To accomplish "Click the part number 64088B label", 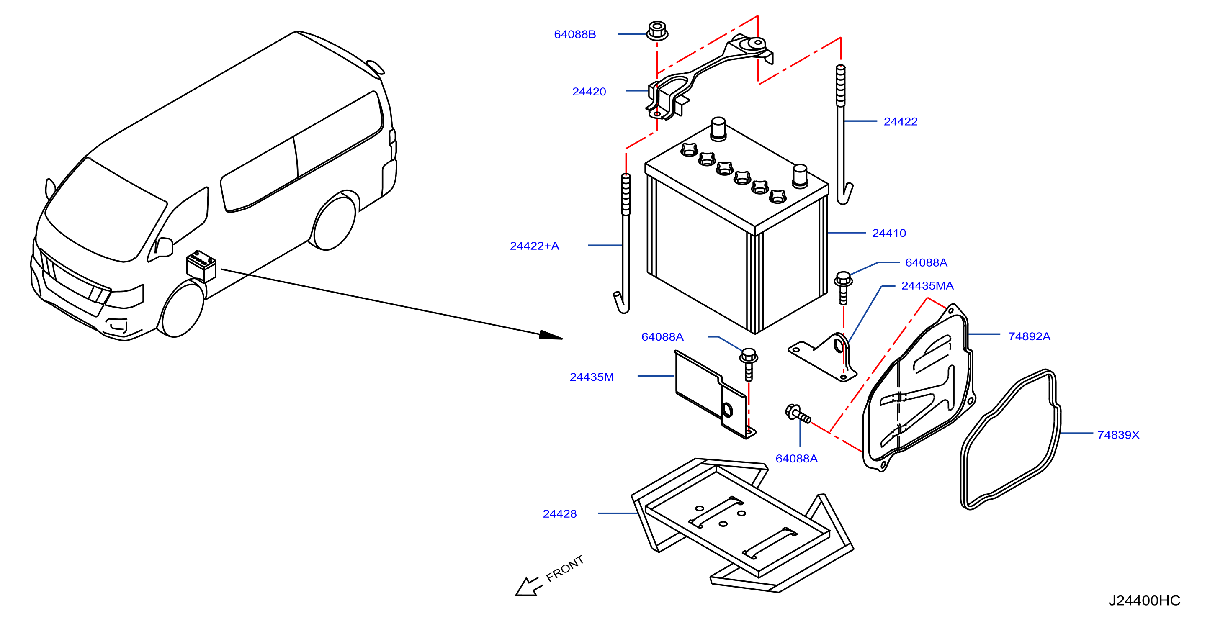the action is [x=574, y=34].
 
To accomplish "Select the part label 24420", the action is [x=589, y=92].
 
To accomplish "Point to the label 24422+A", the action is [x=534, y=246].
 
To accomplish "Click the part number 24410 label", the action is [x=888, y=233].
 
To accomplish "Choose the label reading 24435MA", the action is [x=927, y=285].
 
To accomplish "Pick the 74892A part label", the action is [x=1029, y=336].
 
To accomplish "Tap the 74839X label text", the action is [x=1118, y=435].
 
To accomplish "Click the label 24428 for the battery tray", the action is [x=560, y=514].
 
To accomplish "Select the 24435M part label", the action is [x=592, y=377].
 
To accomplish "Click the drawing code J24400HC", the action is [x=1144, y=600].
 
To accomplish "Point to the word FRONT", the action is [x=565, y=568].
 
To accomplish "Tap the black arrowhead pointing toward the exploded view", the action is [x=551, y=335].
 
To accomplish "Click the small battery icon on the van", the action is [x=201, y=266].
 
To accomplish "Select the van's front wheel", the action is [x=182, y=309].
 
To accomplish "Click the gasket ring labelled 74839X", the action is [x=1010, y=439].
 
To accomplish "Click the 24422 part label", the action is [x=901, y=121].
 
